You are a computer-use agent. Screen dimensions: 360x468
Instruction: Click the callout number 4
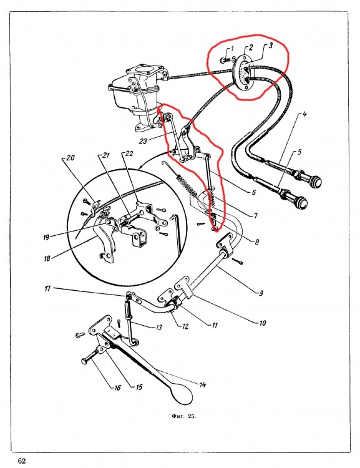click(304, 114)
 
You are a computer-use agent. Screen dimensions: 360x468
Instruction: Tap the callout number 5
click(299, 152)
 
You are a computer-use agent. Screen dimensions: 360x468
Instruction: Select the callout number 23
click(143, 140)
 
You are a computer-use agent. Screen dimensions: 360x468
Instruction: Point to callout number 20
click(71, 157)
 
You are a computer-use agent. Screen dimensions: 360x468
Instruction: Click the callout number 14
click(203, 385)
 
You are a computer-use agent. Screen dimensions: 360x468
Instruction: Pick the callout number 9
click(261, 293)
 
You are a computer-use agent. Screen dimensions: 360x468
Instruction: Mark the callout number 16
click(117, 388)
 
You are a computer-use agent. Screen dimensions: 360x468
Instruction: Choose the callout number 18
click(47, 258)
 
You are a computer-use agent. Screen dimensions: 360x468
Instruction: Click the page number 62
click(22, 461)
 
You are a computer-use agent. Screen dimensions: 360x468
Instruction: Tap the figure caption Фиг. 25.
click(184, 416)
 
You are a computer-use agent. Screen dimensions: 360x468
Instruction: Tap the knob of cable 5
click(300, 203)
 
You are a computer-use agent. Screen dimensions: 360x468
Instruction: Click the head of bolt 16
click(84, 361)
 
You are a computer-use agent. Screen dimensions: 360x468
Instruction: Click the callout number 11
click(215, 325)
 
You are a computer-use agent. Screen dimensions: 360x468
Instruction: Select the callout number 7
click(256, 215)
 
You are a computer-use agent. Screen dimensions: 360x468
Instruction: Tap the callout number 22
click(129, 154)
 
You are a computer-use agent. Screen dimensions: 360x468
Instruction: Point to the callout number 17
click(48, 289)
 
